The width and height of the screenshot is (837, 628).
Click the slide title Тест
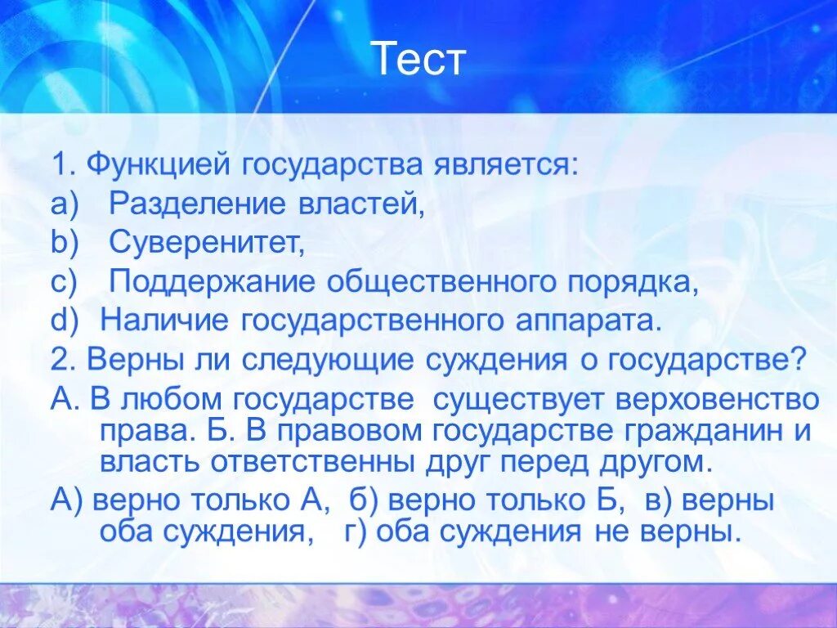[x=418, y=60]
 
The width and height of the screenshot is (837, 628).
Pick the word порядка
[x=636, y=282]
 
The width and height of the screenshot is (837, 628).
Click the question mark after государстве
[x=799, y=360]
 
